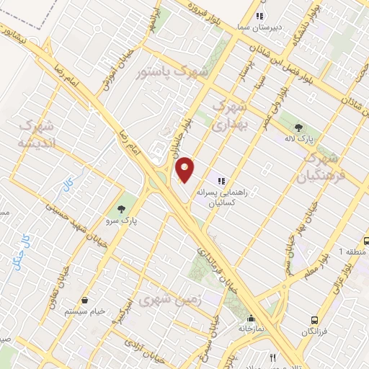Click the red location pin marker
coord(185,169)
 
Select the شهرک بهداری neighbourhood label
coord(232,115)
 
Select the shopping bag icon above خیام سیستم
coord(85,300)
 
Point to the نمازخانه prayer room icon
coord(250,319)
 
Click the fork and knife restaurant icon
coord(272,357)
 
